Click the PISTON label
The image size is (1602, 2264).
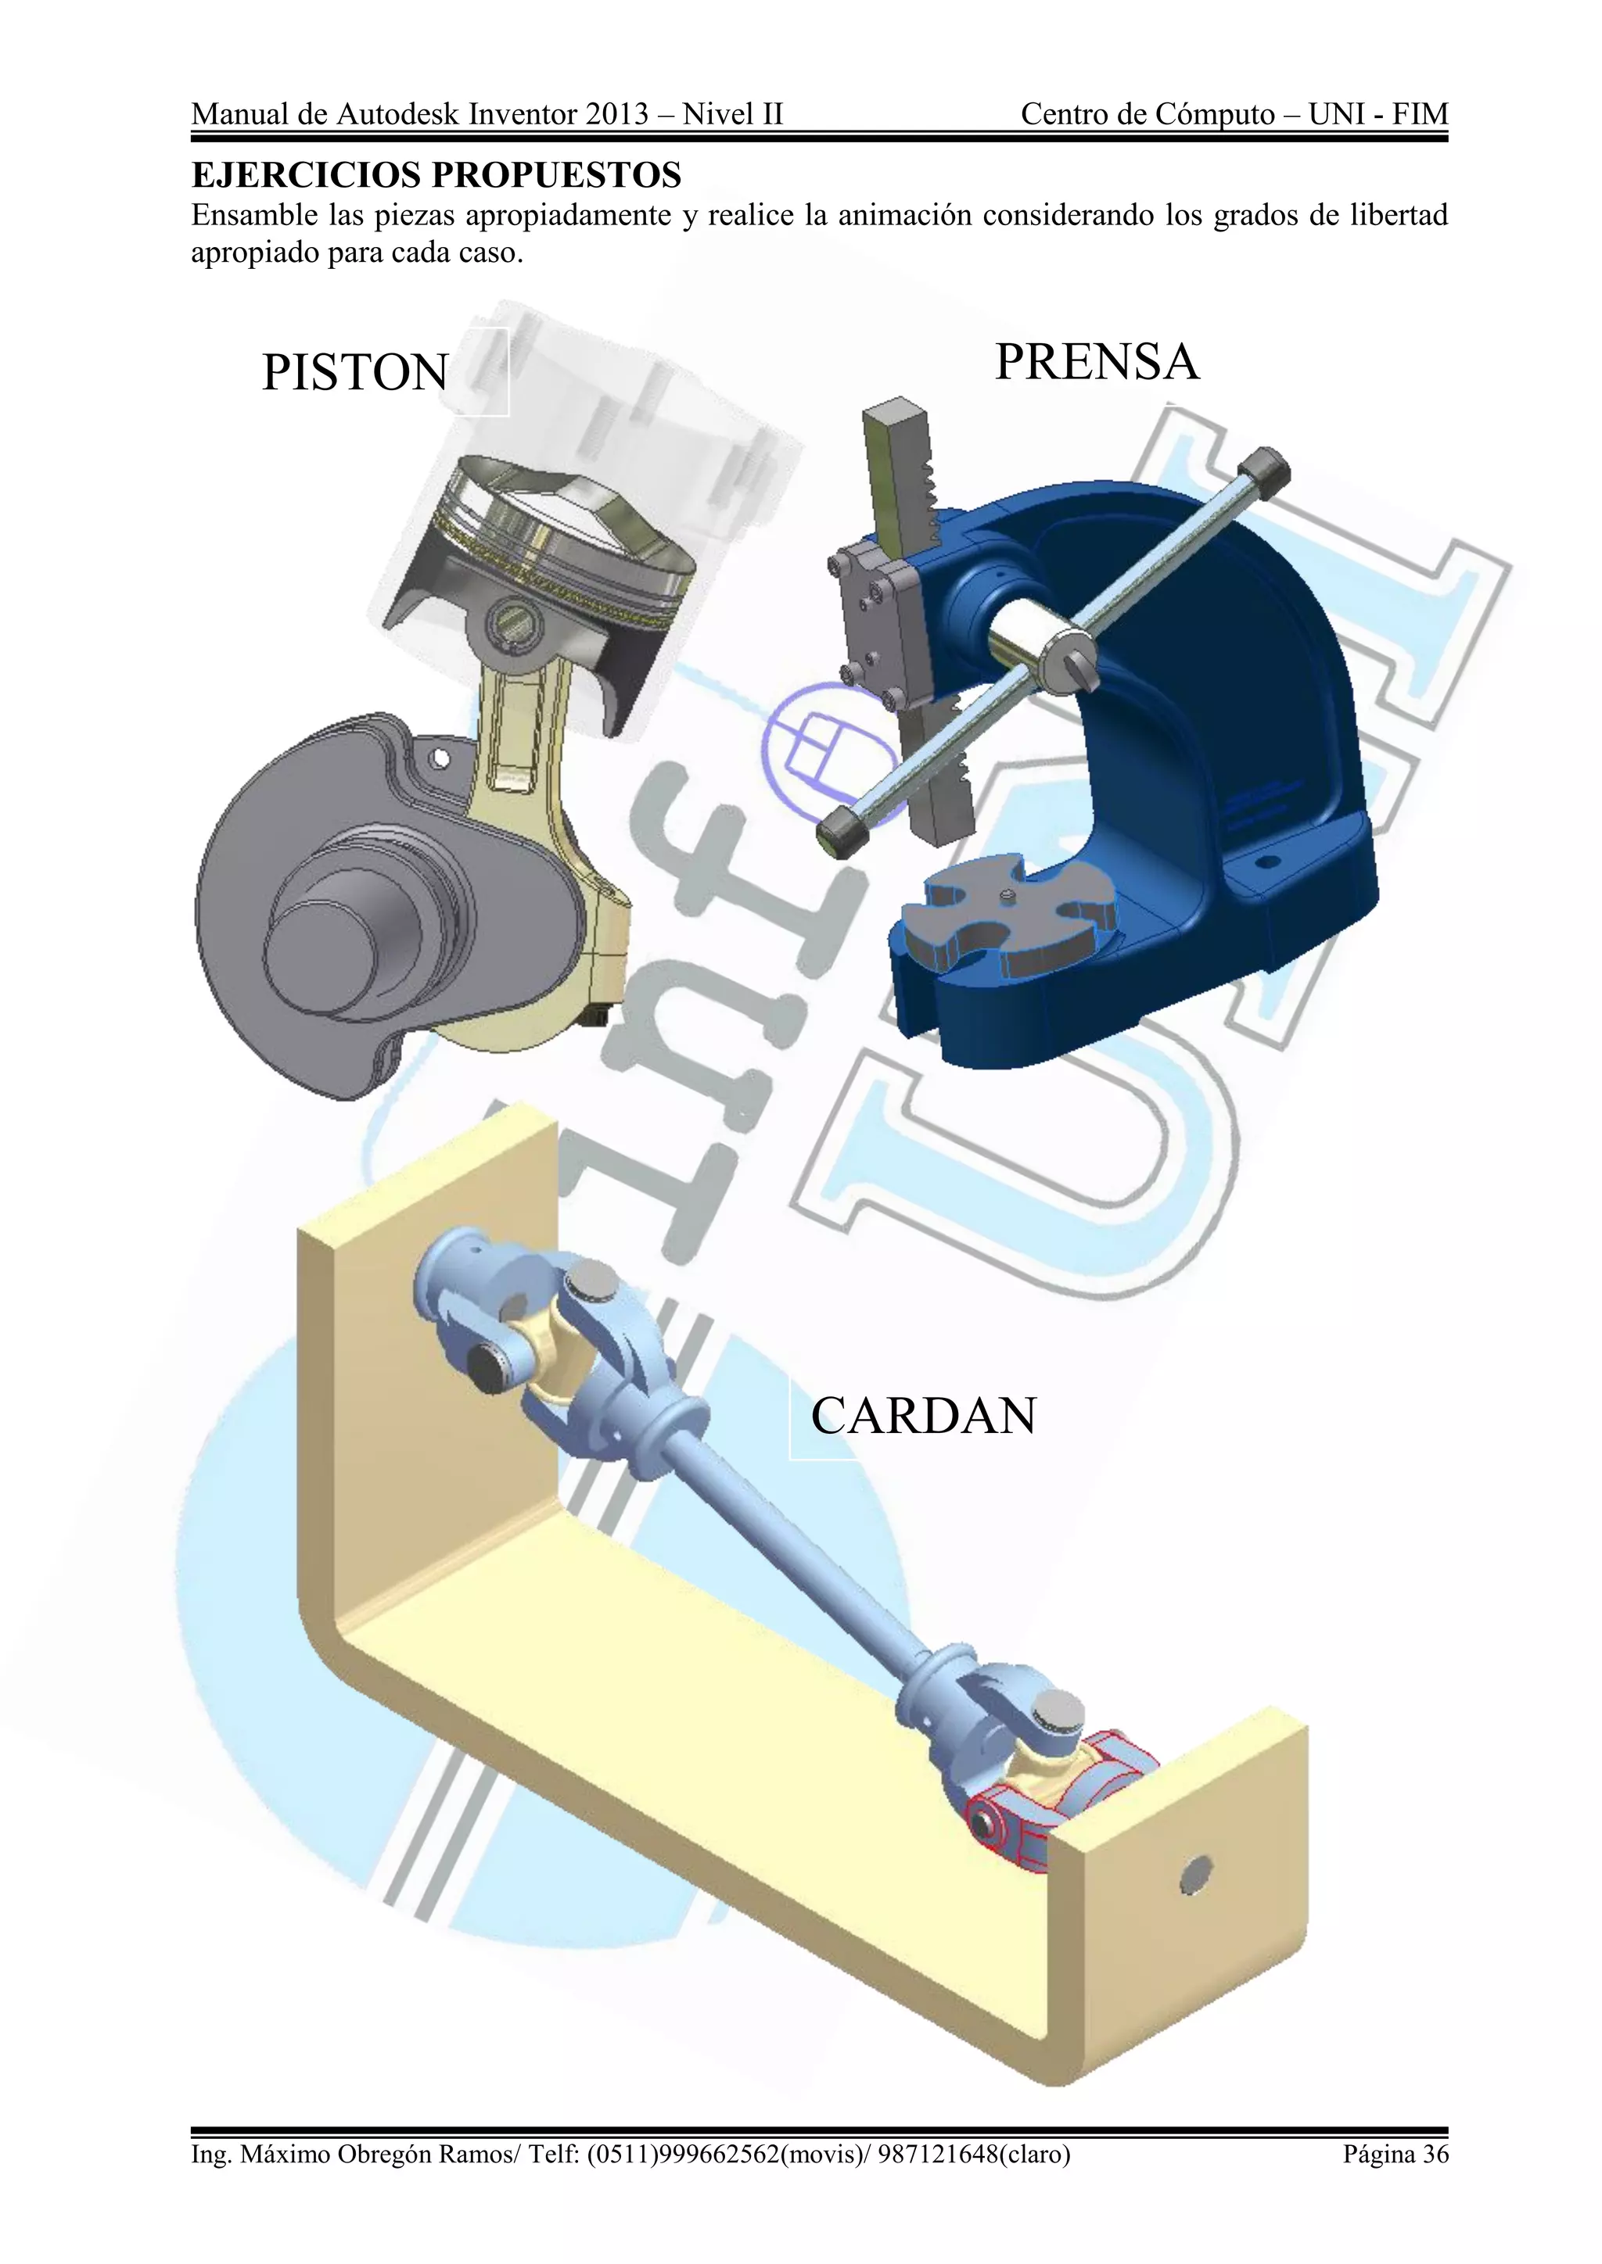tap(355, 374)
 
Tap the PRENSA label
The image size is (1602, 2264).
tap(1096, 362)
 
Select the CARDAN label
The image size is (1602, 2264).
tap(923, 1416)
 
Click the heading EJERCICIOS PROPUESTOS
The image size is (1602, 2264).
tap(436, 176)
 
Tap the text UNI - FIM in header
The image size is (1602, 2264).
tap(1378, 114)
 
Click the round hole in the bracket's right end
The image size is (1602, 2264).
tap(1194, 1872)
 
